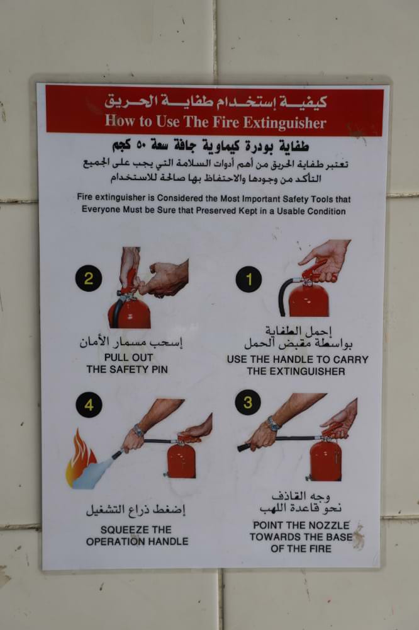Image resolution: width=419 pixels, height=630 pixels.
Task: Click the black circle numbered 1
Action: [x=249, y=279]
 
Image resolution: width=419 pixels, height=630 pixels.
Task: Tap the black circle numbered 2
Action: [x=88, y=278]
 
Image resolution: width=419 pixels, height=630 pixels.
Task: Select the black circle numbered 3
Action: [x=248, y=402]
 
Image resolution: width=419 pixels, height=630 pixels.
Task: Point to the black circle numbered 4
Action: [x=89, y=404]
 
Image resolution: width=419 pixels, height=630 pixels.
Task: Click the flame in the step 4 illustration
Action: [x=81, y=458]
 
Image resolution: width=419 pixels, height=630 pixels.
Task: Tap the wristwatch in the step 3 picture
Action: [x=273, y=424]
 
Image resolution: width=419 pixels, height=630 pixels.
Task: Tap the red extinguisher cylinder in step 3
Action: [x=325, y=461]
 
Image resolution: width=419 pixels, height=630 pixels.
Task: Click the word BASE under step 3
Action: [x=340, y=537]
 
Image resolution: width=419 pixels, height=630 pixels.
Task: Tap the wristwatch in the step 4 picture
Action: [x=138, y=430]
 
